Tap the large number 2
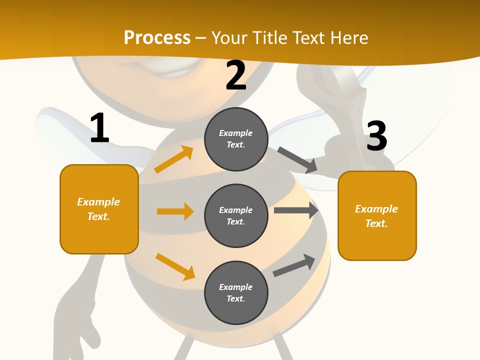tap(236, 75)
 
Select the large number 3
tap(376, 136)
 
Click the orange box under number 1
tap(99, 209)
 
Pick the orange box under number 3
tap(377, 215)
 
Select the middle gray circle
tap(236, 215)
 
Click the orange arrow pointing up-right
tap(173, 159)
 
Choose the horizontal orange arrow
tap(175, 211)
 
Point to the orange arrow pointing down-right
tap(175, 266)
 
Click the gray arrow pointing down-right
tap(297, 160)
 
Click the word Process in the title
tap(157, 37)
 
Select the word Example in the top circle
tap(236, 133)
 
